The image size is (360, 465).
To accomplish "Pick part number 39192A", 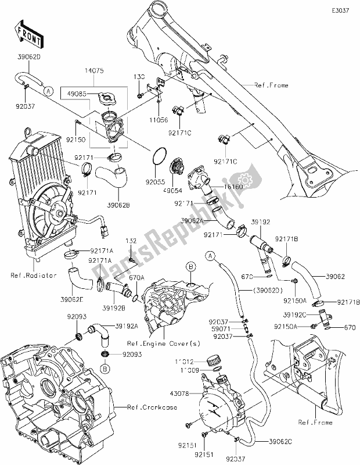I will tap(126, 326).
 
